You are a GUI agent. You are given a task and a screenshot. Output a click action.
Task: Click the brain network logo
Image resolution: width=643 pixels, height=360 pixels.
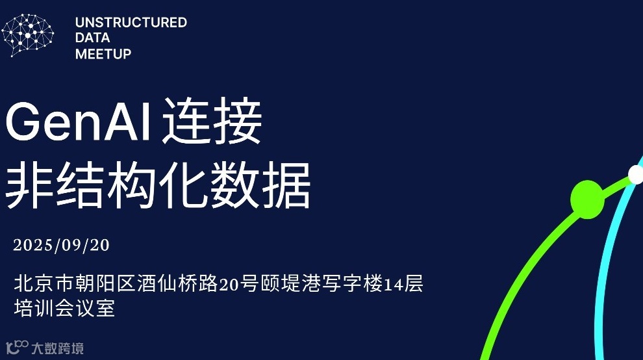(x=27, y=36)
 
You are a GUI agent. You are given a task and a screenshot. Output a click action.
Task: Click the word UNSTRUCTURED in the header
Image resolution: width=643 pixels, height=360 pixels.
(x=131, y=23)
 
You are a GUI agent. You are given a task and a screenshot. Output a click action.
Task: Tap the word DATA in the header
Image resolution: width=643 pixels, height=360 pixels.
(x=92, y=38)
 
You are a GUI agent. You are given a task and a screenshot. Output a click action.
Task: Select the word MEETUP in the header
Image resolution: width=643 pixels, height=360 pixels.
(x=103, y=54)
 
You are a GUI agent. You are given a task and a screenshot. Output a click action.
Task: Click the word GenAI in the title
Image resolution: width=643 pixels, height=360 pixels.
(x=78, y=122)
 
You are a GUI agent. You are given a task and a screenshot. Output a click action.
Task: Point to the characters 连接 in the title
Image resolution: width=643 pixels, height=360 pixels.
(x=212, y=122)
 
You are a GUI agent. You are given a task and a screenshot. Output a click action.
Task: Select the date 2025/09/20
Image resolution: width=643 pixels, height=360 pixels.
(x=62, y=245)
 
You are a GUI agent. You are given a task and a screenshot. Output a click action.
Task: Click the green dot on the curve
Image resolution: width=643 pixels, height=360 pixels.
(x=586, y=199)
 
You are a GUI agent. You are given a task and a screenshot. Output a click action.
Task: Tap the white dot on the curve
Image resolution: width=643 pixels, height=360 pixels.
(x=636, y=174)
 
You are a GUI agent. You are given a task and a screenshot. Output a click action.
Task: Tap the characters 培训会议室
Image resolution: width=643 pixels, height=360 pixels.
(x=64, y=307)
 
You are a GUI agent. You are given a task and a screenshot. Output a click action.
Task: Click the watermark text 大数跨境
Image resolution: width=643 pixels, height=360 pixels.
(x=58, y=348)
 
